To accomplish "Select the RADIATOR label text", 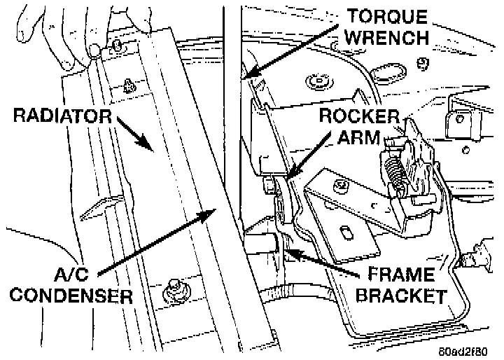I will tap(61, 116).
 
